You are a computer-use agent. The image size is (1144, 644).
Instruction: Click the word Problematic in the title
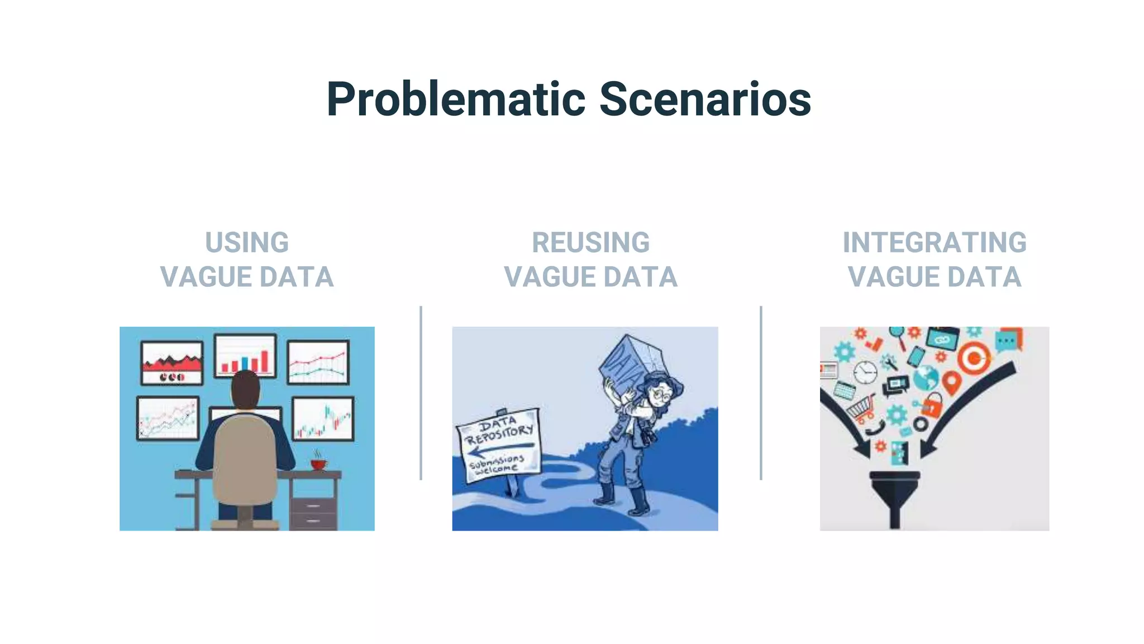(x=455, y=100)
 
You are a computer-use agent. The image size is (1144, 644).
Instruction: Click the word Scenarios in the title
(x=705, y=100)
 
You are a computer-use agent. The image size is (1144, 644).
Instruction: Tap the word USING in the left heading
(x=247, y=243)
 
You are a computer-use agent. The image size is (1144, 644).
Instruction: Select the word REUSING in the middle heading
(x=590, y=243)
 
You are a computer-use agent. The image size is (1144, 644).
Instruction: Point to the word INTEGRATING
(x=934, y=243)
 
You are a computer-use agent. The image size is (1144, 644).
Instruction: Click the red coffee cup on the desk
(x=318, y=464)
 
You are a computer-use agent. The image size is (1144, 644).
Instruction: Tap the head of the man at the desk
(x=245, y=390)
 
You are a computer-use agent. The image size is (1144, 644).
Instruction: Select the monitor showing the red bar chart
(x=245, y=356)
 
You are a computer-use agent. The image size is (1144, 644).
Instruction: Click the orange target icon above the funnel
(x=974, y=358)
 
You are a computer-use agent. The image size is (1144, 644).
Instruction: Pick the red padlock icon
(x=932, y=405)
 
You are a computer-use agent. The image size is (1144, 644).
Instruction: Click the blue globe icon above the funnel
(x=926, y=377)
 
